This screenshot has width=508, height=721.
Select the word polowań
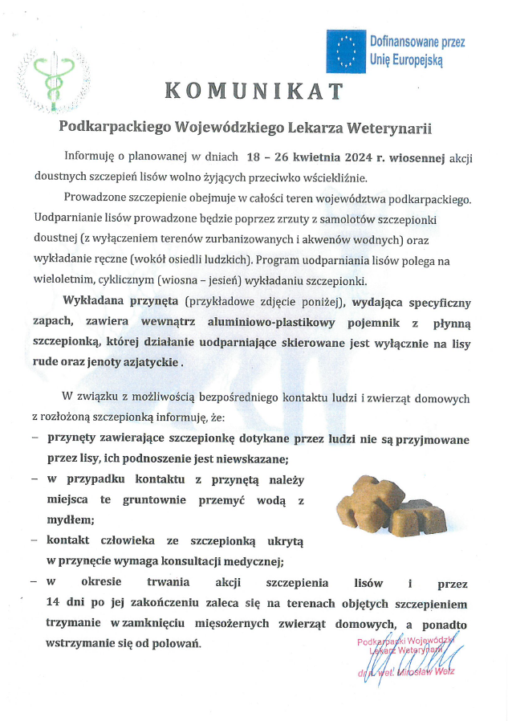tap(177, 644)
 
